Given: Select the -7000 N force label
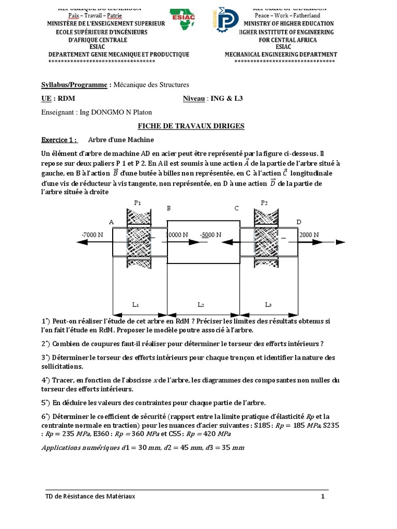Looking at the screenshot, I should point(92,235).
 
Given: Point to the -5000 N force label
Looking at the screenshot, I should point(210,235).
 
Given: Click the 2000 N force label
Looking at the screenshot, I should point(309,235).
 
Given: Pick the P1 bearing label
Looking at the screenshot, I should point(138,203).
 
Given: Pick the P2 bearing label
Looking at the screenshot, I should point(265,203).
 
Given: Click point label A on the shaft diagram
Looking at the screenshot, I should point(111,222).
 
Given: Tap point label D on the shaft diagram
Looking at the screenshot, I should point(298,222).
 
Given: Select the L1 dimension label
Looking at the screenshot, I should point(135,305).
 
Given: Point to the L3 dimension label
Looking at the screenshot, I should point(268,305).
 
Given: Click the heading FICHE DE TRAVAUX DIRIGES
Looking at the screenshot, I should point(190,126).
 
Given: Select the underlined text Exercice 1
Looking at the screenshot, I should point(58,139).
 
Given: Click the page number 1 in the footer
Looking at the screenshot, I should point(323,497).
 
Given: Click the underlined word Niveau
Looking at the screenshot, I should point(194,98).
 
